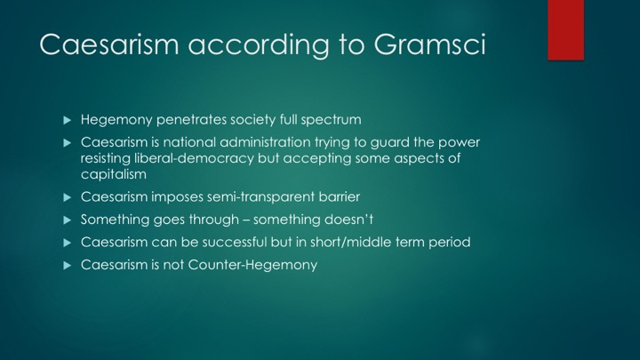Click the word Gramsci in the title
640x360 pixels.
[x=429, y=44]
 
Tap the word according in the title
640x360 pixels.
[x=259, y=45]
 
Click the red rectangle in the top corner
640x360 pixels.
[x=565, y=30]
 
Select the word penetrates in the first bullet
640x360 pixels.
[x=191, y=120]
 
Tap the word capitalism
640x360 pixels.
[x=114, y=174]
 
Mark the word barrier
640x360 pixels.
[x=340, y=196]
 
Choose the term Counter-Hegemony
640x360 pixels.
[x=252, y=265]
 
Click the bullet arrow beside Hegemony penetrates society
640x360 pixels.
[x=68, y=120]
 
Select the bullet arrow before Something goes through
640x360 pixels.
[x=68, y=220]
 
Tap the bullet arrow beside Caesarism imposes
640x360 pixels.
[x=68, y=197]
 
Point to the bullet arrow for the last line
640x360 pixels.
[x=68, y=265]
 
